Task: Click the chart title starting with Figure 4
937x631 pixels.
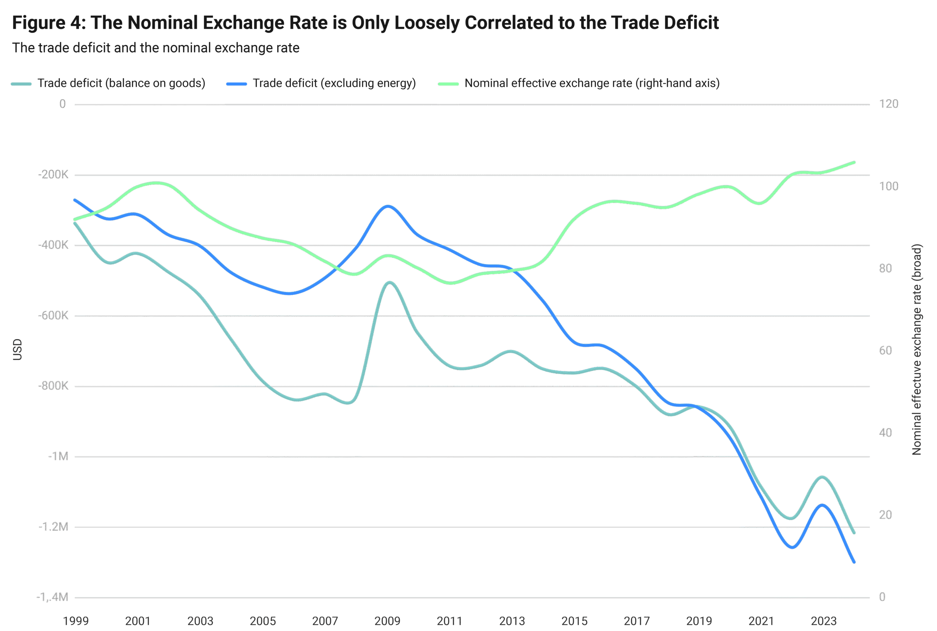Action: tap(365, 23)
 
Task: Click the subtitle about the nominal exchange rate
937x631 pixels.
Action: tap(156, 48)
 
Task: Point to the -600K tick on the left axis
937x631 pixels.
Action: tap(53, 315)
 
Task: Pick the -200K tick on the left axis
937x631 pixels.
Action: tap(53, 174)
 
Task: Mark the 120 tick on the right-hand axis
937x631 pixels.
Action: tap(888, 104)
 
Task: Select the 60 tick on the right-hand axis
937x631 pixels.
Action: tap(885, 350)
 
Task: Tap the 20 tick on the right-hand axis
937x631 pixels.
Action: tap(885, 515)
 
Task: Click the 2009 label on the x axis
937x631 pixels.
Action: tap(387, 621)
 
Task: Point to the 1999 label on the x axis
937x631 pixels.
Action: tap(76, 621)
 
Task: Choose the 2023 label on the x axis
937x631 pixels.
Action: tap(824, 621)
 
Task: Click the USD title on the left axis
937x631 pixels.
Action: tap(17, 350)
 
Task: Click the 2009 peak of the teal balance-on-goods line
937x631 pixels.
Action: tap(389, 282)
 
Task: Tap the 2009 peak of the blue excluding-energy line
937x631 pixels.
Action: tap(387, 206)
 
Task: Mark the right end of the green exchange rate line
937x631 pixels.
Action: tap(854, 162)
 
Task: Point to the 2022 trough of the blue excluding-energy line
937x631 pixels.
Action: tap(792, 547)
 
